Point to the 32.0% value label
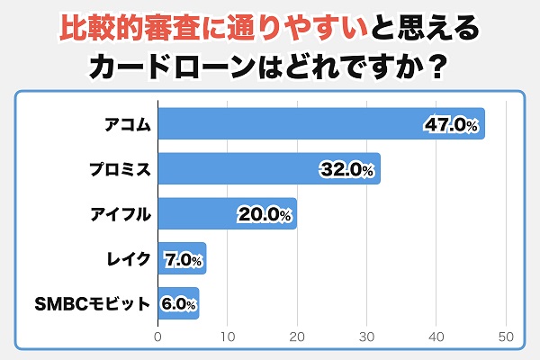(x=346, y=169)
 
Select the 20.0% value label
(x=264, y=214)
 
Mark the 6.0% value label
(x=178, y=304)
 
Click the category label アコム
(x=124, y=124)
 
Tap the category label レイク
(x=124, y=259)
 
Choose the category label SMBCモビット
(x=97, y=304)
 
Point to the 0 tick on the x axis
(x=158, y=337)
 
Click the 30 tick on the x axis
(x=366, y=337)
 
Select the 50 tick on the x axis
(x=505, y=337)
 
